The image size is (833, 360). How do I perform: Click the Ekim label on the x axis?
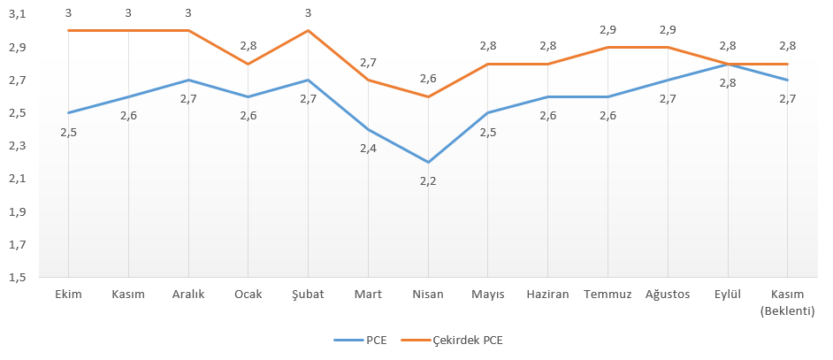coord(68,295)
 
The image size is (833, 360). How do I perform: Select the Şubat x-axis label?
coord(308,295)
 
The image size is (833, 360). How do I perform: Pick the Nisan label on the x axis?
coord(428,295)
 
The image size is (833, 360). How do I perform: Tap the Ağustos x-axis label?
coord(668,295)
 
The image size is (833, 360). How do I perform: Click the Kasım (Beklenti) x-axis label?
coord(787,302)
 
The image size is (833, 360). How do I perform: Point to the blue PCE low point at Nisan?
coord(428,162)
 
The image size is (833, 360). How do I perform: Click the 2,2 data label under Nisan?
coord(428,180)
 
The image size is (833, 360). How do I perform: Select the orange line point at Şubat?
coord(308,30)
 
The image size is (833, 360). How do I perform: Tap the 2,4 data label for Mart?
coord(368,148)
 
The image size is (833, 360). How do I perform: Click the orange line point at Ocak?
coord(248,64)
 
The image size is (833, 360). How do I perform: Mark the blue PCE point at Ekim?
coord(68,113)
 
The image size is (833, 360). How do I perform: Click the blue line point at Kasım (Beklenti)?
coord(787,80)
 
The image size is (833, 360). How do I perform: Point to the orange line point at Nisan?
coord(428,96)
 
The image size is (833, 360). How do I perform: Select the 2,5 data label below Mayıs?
coord(488,132)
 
